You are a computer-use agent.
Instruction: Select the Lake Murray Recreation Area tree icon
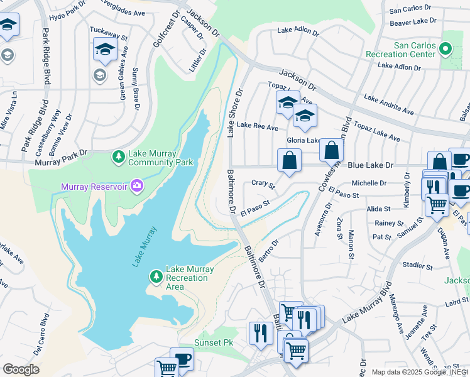click(x=156, y=276)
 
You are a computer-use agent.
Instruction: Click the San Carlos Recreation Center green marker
click(x=446, y=48)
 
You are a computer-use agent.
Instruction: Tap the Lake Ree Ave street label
click(x=257, y=128)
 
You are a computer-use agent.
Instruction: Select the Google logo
click(x=21, y=369)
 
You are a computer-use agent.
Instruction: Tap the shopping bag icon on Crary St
click(x=288, y=161)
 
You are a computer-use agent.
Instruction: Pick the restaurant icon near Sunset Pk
click(x=260, y=332)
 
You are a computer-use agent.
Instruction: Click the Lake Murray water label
click(x=143, y=247)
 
